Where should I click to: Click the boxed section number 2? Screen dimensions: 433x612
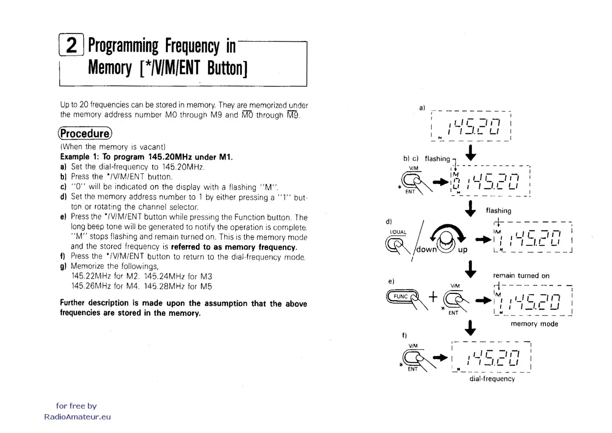click(71, 45)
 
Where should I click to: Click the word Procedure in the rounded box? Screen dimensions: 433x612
click(85, 134)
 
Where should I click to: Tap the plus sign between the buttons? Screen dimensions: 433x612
click(433, 297)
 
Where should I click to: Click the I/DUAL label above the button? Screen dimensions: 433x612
click(398, 232)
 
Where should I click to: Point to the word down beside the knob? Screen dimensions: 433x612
click(426, 250)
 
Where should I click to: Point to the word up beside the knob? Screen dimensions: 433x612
click(462, 250)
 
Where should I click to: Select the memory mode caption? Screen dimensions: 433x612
click(534, 324)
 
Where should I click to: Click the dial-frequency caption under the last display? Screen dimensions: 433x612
click(492, 379)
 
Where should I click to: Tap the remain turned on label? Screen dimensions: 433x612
click(521, 275)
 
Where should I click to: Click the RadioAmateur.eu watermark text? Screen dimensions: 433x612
click(77, 417)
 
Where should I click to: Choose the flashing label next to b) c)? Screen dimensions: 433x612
click(437, 159)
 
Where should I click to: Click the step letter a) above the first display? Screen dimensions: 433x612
click(422, 108)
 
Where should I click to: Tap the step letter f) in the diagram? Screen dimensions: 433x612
click(404, 335)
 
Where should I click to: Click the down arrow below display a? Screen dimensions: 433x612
click(471, 153)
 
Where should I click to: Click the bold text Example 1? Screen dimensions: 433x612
click(75, 157)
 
